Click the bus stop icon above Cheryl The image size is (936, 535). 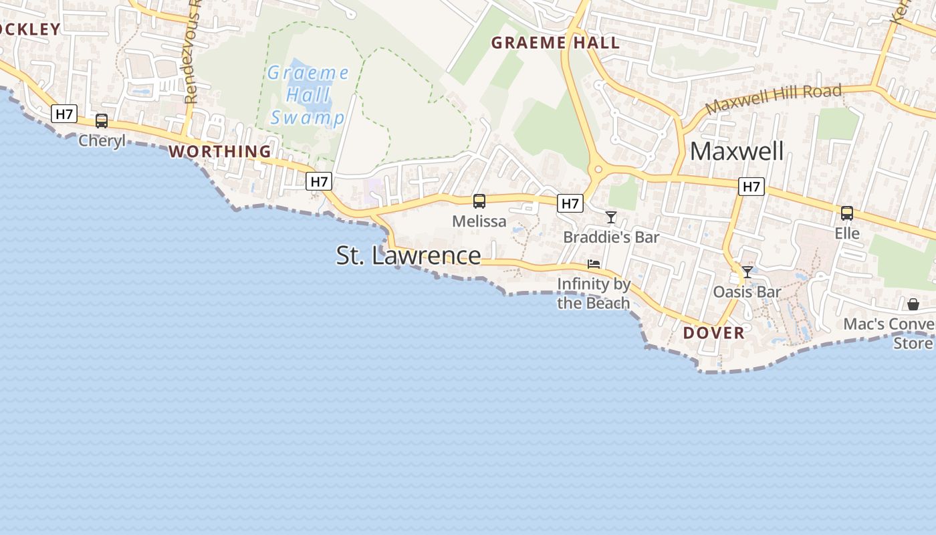[x=102, y=121]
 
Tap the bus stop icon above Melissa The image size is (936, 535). [x=479, y=201]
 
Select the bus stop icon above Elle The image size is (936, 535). [x=846, y=213]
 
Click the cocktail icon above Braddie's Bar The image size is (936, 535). [x=611, y=217]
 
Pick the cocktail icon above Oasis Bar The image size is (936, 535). [x=747, y=272]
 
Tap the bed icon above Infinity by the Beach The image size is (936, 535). [x=594, y=264]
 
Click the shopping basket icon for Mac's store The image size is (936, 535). [x=913, y=305]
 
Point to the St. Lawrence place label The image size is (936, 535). [x=408, y=255]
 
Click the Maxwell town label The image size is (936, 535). [x=737, y=151]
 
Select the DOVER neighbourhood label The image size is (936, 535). [x=713, y=333]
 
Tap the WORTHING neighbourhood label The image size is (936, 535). [x=220, y=152]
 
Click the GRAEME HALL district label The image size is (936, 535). [x=556, y=43]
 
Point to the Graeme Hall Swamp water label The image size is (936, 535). [x=308, y=96]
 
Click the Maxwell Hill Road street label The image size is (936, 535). [x=773, y=99]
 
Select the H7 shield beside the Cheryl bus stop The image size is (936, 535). [x=64, y=114]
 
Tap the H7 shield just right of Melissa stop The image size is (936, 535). [x=570, y=203]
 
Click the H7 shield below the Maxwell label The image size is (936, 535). [x=751, y=187]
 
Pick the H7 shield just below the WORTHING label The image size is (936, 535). [x=320, y=181]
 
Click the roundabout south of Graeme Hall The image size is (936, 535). [x=598, y=170]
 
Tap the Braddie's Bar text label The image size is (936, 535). [x=611, y=237]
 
